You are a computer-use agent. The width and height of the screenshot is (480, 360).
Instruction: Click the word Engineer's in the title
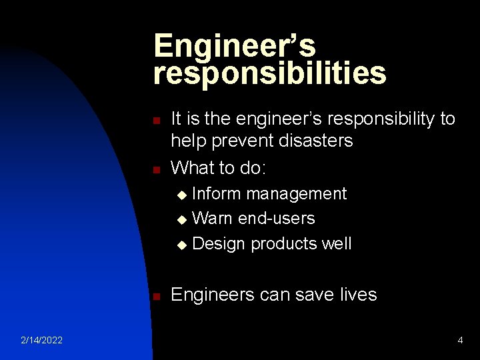[234, 46]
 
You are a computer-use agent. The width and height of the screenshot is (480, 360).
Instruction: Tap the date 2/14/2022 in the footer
[41, 341]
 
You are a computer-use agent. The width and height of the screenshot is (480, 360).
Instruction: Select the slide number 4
[460, 341]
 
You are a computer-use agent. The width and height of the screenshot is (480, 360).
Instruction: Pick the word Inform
[217, 194]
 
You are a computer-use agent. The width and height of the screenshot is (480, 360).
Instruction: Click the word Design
[219, 244]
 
